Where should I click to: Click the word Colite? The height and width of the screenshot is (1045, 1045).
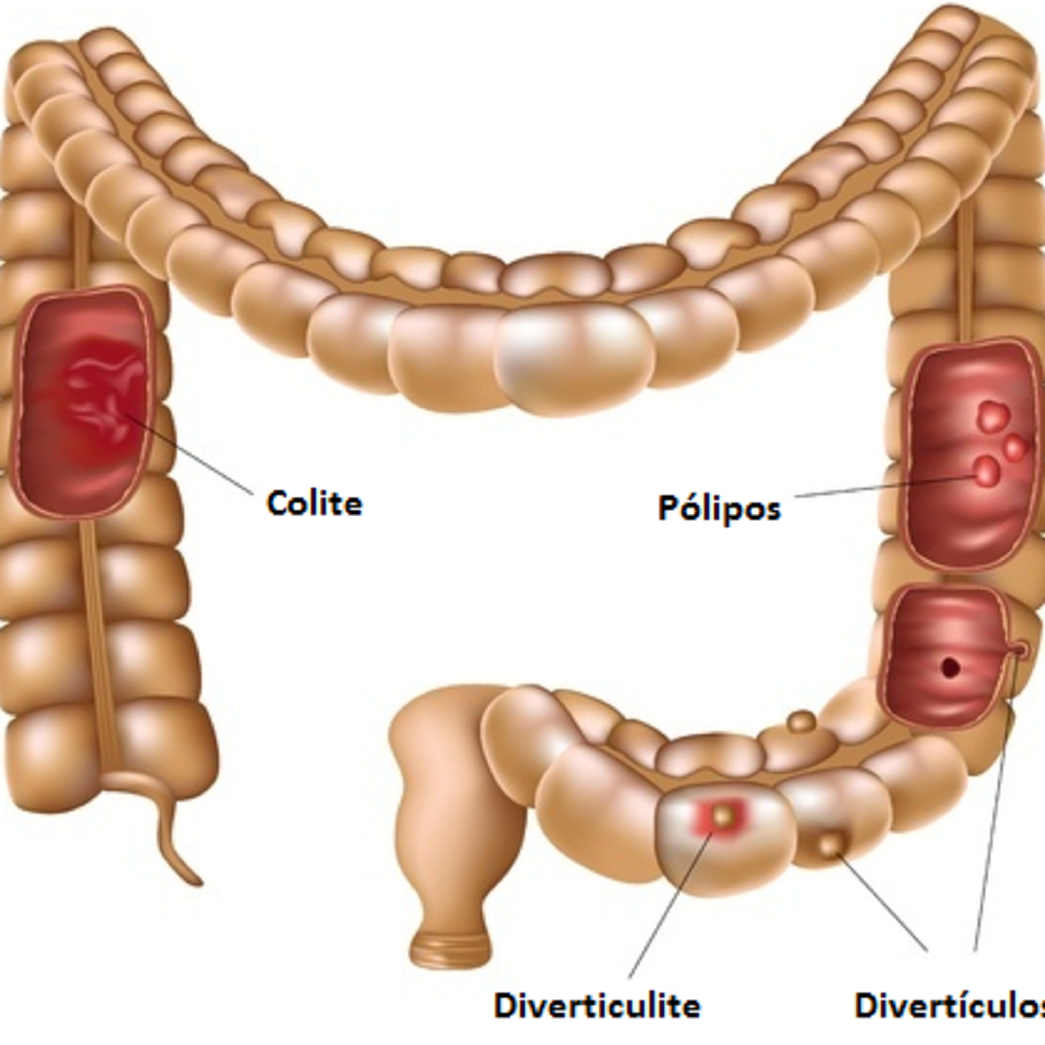tap(314, 503)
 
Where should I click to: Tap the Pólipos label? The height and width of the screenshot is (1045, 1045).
tap(719, 509)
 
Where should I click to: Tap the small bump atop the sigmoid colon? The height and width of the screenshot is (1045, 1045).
tap(802, 721)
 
